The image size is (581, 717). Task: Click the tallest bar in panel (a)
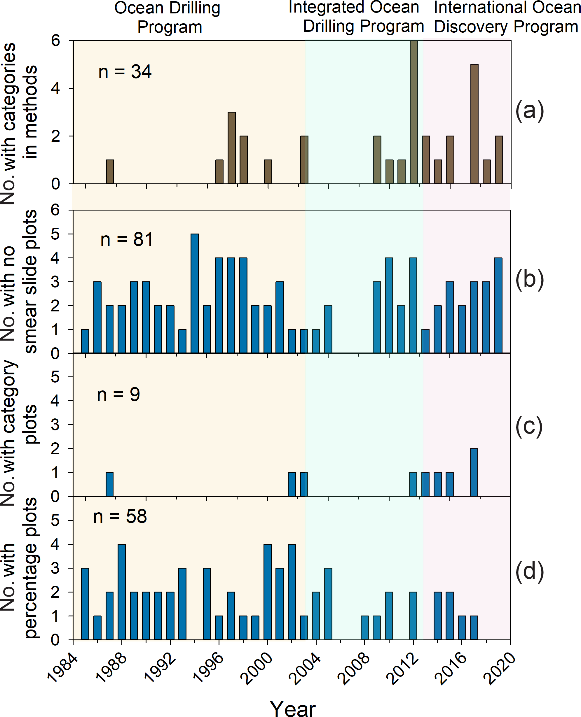click(x=414, y=112)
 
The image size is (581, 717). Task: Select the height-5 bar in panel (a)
click(x=474, y=124)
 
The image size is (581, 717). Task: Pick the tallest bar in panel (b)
click(x=194, y=294)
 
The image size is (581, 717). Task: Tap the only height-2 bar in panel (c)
click(x=474, y=472)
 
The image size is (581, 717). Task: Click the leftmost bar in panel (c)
click(x=109, y=484)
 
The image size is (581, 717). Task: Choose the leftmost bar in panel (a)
click(x=110, y=172)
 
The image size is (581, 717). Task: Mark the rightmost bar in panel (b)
click(x=498, y=306)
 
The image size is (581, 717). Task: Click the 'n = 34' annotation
click(x=125, y=72)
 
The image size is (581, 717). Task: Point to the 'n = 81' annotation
click(x=127, y=239)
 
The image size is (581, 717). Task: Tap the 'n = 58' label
click(x=120, y=516)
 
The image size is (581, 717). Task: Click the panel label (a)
click(x=529, y=111)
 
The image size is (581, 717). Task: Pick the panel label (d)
click(x=529, y=572)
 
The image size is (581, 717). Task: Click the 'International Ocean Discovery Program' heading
click(x=506, y=17)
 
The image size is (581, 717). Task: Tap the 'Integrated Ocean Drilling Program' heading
click(x=355, y=17)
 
